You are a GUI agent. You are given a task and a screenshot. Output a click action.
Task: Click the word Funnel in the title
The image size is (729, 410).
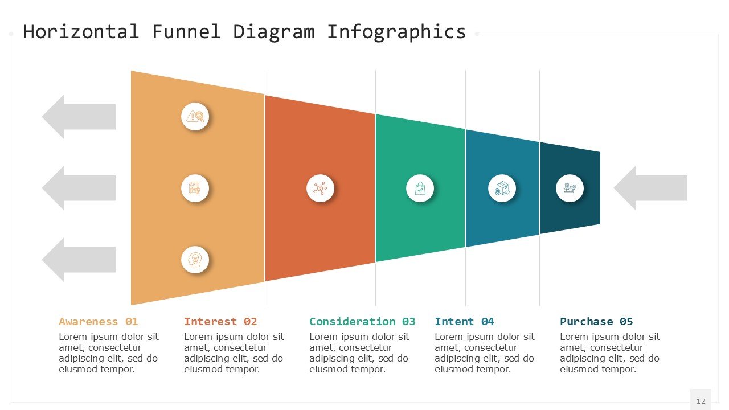186,31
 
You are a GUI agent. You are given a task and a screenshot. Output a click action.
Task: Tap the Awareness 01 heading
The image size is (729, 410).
98,322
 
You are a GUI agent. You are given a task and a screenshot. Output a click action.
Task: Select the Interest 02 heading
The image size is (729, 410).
220,322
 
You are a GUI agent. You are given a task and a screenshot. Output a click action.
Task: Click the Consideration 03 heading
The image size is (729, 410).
362,322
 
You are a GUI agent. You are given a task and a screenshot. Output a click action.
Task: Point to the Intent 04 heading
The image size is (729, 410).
464,322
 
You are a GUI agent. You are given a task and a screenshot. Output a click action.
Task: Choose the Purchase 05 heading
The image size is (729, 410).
596,322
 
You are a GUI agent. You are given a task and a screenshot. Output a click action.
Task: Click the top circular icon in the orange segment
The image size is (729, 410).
195,117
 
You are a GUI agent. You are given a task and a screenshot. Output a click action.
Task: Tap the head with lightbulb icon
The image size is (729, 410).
195,260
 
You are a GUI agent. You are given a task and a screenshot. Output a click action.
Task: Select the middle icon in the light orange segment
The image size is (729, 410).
195,188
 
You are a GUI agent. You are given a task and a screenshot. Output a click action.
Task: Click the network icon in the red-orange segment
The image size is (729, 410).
320,188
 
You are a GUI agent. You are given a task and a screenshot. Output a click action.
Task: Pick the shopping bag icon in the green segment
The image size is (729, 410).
420,188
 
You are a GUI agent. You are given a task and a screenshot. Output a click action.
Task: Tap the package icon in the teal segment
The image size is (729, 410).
502,188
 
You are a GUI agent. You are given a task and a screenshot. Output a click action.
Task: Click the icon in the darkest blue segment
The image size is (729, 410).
570,188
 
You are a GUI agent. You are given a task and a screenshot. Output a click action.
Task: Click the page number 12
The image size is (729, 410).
701,401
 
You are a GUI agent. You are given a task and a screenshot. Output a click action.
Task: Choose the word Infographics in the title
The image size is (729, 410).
396,31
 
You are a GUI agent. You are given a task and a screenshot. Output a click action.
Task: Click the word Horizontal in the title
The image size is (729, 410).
81,31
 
